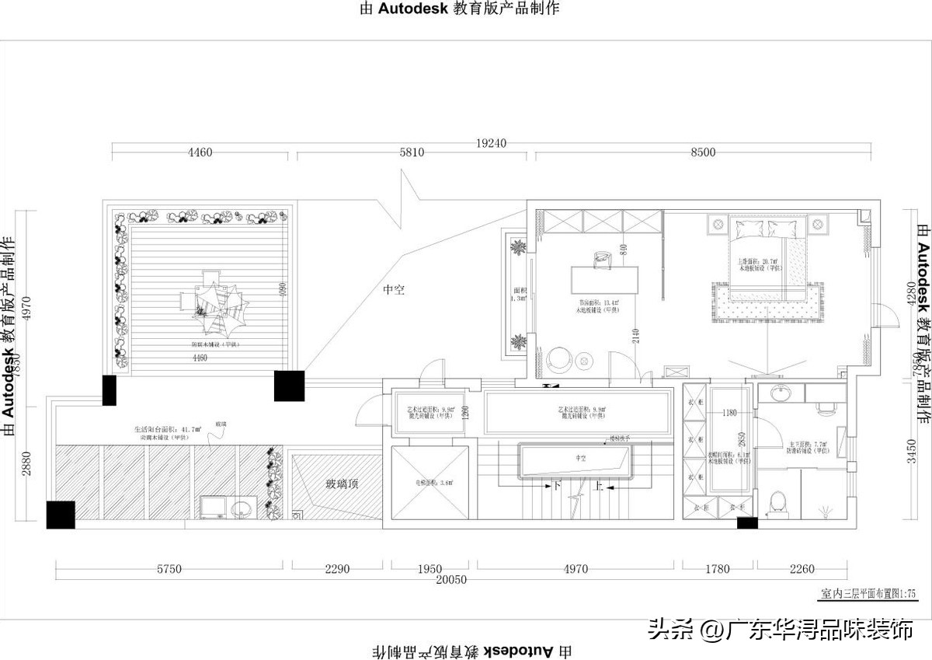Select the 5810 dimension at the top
[412, 153]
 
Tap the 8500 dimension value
[702, 153]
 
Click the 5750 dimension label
[169, 569]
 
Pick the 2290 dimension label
[337, 569]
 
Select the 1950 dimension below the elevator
[429, 569]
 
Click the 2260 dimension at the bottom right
[802, 569]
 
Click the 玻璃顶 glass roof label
[342, 484]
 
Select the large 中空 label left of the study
[394, 290]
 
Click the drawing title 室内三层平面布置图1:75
[868, 593]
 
